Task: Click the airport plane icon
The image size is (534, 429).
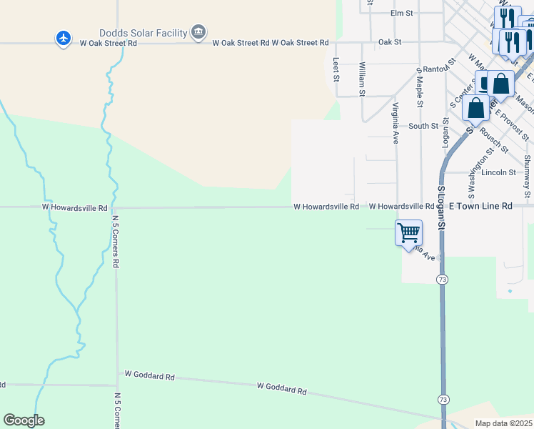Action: pos(64,38)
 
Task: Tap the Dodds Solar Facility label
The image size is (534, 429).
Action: pos(143,33)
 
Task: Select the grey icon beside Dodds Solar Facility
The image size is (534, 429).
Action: pos(198,31)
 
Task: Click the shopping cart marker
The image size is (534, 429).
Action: pos(408,232)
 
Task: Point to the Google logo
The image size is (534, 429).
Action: pos(24,420)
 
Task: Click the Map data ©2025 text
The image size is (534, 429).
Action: pos(503,423)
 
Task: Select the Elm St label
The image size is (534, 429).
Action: pos(402,13)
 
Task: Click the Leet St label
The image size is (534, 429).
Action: pos(336,69)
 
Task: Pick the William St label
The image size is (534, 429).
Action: pos(363,79)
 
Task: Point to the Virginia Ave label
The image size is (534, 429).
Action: pos(395,123)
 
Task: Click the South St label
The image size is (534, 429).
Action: pos(423,126)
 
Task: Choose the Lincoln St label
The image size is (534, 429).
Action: pos(498,172)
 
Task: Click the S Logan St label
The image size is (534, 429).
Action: pos(441,208)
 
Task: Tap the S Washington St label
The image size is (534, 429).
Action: pos(471,172)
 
